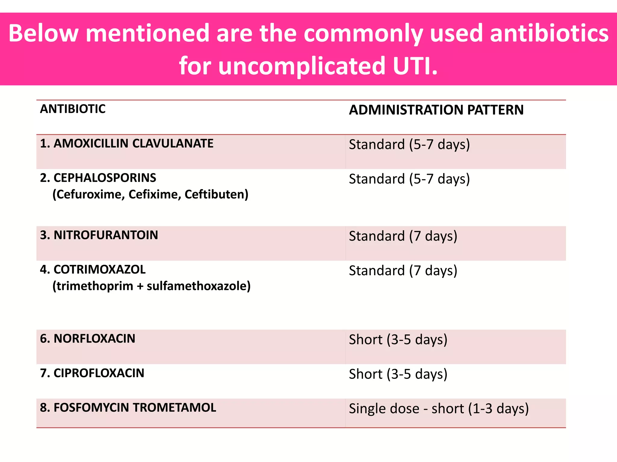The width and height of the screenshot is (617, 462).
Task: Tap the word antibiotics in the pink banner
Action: pyautogui.click(x=549, y=33)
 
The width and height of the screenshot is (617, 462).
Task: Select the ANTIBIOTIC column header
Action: pyautogui.click(x=73, y=109)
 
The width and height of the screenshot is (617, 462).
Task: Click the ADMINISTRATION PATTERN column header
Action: pyautogui.click(x=436, y=110)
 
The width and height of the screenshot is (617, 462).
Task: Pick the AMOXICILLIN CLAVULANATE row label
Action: pyautogui.click(x=127, y=143)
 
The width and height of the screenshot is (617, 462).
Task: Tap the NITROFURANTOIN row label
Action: pyautogui.click(x=99, y=235)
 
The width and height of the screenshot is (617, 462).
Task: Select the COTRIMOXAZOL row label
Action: pyautogui.click(x=92, y=269)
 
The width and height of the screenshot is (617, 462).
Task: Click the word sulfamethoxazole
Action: pyautogui.click(x=199, y=286)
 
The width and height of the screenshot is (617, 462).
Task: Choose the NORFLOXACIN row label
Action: pyautogui.click(x=87, y=339)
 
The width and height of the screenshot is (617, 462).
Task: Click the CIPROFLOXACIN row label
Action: pyautogui.click(x=92, y=373)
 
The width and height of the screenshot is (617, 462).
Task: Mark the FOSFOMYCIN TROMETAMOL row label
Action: pyautogui.click(x=128, y=408)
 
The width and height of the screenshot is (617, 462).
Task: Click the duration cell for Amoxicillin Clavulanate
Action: pyautogui.click(x=409, y=145)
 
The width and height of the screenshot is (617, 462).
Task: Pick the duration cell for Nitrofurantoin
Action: pyautogui.click(x=403, y=236)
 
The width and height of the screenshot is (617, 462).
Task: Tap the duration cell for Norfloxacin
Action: pyautogui.click(x=398, y=340)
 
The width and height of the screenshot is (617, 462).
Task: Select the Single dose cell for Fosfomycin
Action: pyautogui.click(x=438, y=409)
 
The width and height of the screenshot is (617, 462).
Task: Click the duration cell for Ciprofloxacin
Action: pyautogui.click(x=398, y=374)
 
